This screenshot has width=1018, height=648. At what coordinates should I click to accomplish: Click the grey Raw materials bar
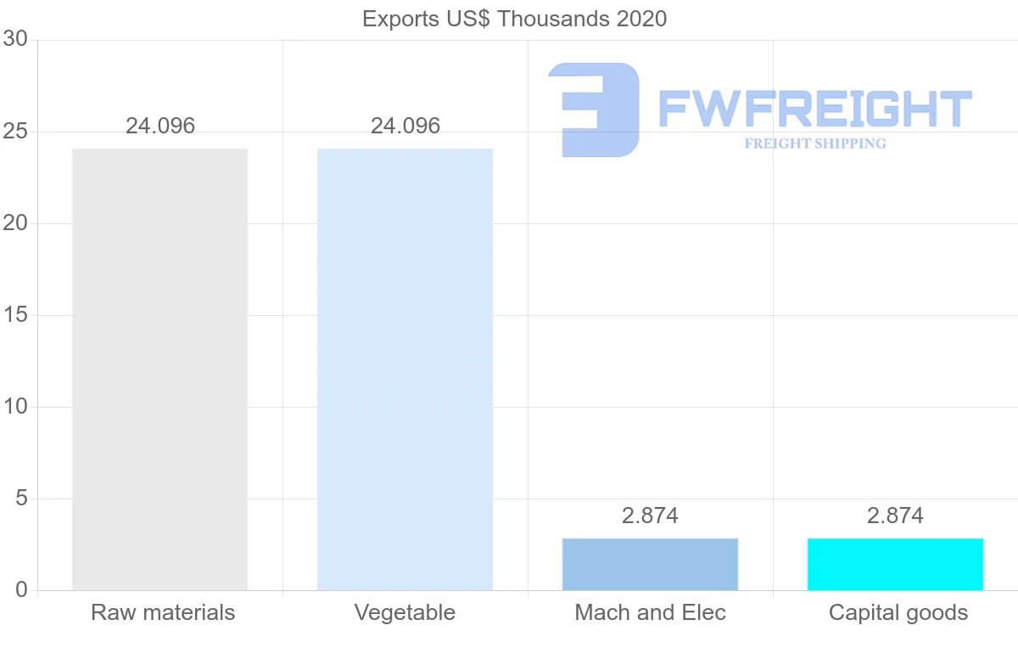(x=159, y=369)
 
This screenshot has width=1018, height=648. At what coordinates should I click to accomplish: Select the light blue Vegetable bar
(x=405, y=369)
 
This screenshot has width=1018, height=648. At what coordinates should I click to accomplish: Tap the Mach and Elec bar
(x=650, y=564)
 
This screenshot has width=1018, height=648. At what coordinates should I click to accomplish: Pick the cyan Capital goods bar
(x=895, y=564)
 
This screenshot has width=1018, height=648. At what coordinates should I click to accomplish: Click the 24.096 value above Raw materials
(x=160, y=127)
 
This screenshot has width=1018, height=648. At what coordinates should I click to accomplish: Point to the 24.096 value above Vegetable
(x=406, y=127)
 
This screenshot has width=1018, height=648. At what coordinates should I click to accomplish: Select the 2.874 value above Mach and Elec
(x=650, y=516)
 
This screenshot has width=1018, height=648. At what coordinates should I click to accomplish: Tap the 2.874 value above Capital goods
(x=895, y=516)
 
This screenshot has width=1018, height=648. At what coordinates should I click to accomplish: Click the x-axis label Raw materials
(x=163, y=612)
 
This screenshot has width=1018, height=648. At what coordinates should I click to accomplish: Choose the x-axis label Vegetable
(x=405, y=612)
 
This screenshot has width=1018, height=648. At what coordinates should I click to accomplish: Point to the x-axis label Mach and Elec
(x=650, y=612)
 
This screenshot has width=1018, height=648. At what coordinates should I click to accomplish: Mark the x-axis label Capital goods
(x=898, y=612)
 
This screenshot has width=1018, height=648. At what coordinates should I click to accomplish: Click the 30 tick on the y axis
(x=15, y=40)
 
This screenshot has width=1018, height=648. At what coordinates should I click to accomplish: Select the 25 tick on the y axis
(x=15, y=132)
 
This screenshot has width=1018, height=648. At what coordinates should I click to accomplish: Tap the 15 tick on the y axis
(x=15, y=315)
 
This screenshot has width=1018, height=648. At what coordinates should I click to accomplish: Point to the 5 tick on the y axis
(x=22, y=499)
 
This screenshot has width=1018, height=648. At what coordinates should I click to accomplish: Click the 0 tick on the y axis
(x=22, y=590)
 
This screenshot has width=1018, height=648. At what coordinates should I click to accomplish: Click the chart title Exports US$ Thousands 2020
(x=514, y=19)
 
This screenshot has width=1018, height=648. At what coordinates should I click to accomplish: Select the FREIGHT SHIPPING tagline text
(x=815, y=144)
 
